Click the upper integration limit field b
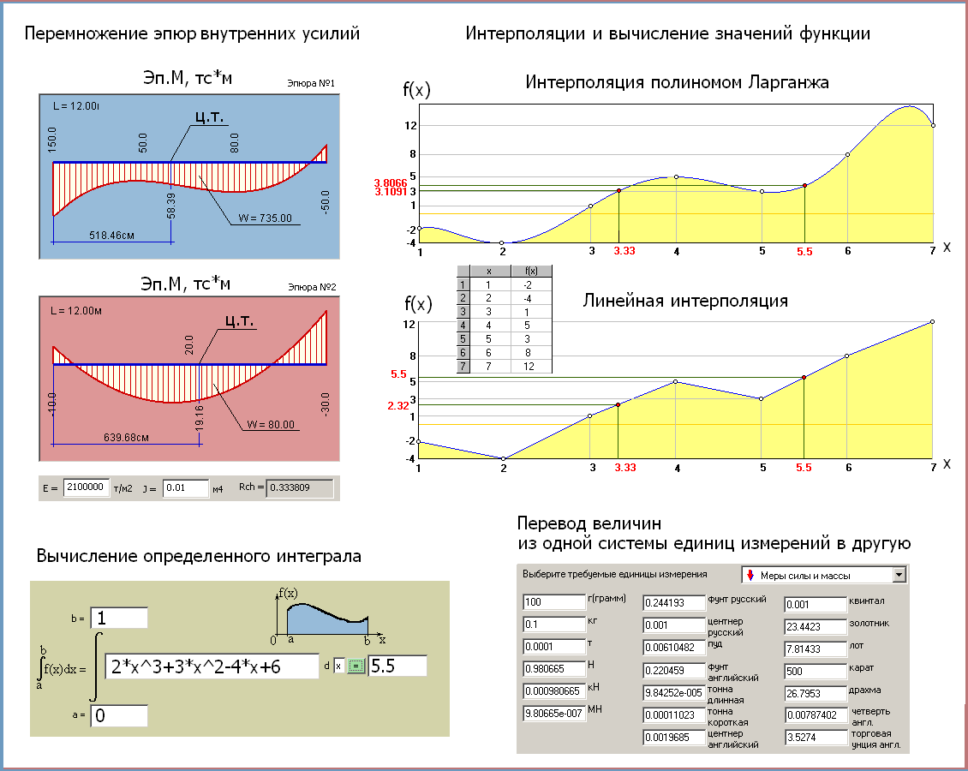pos(118,618)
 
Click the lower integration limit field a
pos(118,716)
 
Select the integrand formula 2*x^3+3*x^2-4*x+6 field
pos(212,666)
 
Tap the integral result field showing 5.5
pos(397,666)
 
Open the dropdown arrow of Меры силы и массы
pos(899,575)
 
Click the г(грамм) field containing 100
pos(553,602)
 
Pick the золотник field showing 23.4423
pos(816,625)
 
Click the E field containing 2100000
pos(86,487)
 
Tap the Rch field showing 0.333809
pos(298,487)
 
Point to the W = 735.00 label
pos(265,218)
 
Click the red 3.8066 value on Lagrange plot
pos(390,182)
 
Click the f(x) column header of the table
pos(532,271)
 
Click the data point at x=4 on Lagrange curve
pos(677,176)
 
